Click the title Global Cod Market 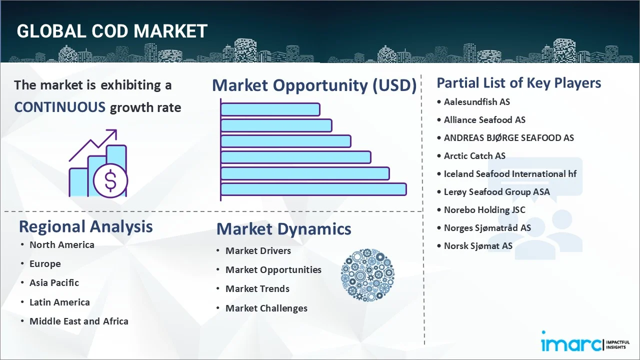pos(112,31)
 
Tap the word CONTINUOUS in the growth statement pos(59,107)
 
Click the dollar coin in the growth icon pos(110,180)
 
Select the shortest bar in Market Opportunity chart pos(270,109)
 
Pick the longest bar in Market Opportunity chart pos(313,189)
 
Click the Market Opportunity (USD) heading pos(314,85)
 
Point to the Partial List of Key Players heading pos(518,83)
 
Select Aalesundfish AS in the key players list pos(476,102)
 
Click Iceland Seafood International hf pos(510,174)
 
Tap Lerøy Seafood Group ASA pos(496,192)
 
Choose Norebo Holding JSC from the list pos(484,210)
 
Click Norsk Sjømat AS pos(477,246)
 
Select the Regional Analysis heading pos(85,226)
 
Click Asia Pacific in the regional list pos(54,283)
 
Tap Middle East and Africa pos(78,321)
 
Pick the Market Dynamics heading pos(283,229)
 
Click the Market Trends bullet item pos(257,289)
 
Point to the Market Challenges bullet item pos(266,308)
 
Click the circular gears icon pos(367,275)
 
